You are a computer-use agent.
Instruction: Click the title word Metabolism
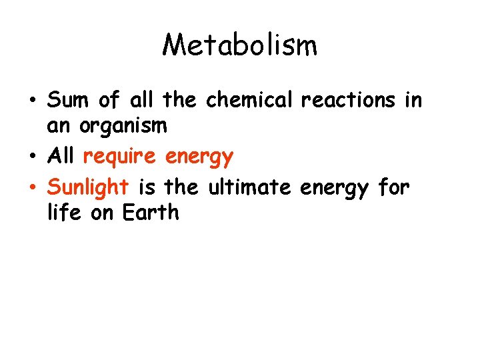point(240,45)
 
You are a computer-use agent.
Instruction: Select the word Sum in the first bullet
point(68,100)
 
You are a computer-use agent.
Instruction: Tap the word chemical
point(249,100)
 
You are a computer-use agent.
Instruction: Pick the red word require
point(119,157)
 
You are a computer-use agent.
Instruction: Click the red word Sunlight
point(87,189)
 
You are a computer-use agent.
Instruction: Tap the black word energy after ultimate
point(334,189)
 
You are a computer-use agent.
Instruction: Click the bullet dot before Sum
point(33,101)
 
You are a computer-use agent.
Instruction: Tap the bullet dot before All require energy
point(33,157)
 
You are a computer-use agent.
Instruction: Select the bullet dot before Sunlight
point(33,189)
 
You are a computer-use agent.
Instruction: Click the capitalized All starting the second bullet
point(61,157)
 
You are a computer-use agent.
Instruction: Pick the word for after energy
point(393,188)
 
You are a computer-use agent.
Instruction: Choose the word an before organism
point(59,125)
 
